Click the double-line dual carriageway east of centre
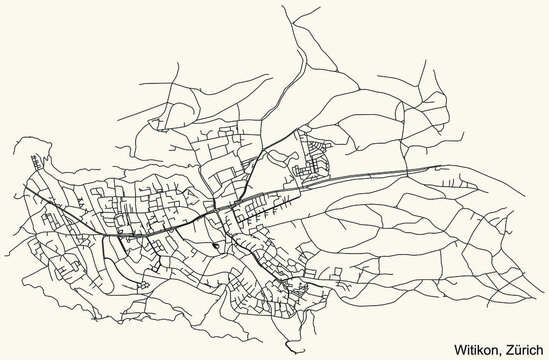[380, 176]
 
